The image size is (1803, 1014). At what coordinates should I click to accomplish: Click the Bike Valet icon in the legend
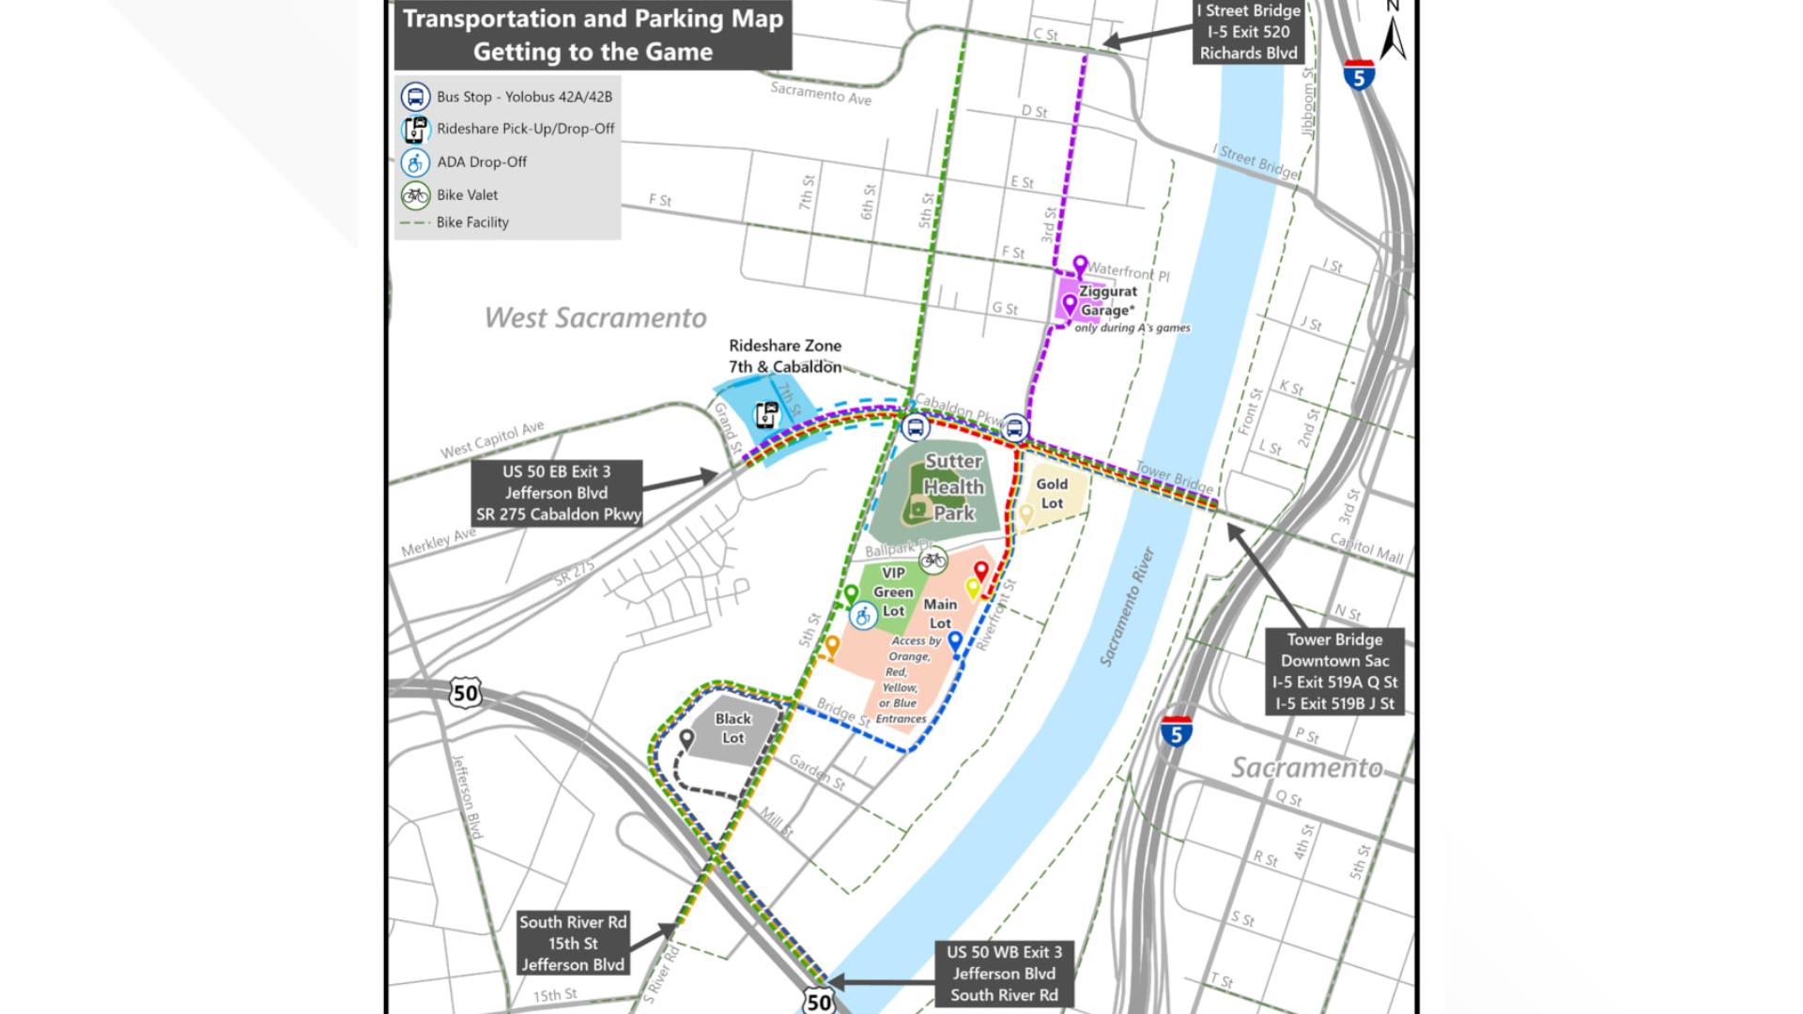pos(415,195)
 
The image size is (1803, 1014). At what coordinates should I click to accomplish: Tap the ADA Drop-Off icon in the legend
pos(415,162)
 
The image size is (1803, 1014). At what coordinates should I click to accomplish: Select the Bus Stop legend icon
pos(415,97)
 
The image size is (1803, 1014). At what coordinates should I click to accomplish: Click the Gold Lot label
pos(1052,494)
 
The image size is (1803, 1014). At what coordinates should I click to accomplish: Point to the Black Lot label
pos(732,729)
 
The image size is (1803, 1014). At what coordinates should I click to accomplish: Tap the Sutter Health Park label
pos(953,487)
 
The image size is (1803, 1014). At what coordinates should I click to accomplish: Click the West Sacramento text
pos(595,318)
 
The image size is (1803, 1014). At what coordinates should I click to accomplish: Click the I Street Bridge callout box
pos(1248,32)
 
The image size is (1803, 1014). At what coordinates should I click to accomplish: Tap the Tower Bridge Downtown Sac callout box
pos(1333,671)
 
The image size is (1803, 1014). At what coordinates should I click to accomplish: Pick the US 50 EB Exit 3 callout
pos(558,493)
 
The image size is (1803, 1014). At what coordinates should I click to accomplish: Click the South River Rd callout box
pos(573,943)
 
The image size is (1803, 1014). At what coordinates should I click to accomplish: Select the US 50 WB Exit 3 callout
pos(1004,974)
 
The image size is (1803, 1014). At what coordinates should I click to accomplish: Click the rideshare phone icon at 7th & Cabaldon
pos(767,415)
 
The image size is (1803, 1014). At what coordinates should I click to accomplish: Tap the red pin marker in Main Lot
pos(981,571)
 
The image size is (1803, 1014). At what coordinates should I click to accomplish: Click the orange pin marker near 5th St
pos(832,645)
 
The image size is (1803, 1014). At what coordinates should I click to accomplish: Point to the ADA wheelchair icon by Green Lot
pos(863,616)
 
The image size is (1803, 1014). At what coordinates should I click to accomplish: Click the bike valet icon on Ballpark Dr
pos(932,561)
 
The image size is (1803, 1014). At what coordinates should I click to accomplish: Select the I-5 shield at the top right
pos(1359,75)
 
